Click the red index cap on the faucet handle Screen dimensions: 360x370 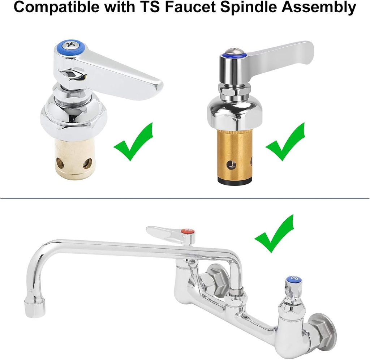(188, 231)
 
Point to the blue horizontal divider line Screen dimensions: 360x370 (185, 198)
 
